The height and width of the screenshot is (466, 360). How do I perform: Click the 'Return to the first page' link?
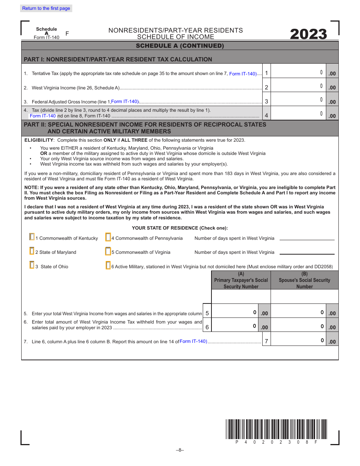coord(46,8)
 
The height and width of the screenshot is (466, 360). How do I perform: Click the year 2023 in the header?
coord(308,34)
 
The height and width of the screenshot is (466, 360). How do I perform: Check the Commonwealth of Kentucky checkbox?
coord(32,237)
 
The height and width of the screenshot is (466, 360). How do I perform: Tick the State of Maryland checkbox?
coord(32,251)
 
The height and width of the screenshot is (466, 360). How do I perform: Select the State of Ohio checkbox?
coord(32,265)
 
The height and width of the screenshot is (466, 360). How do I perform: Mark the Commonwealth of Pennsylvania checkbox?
coord(108,237)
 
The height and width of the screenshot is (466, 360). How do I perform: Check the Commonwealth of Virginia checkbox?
coord(108,251)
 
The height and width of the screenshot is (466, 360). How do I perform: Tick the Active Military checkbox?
coord(108,266)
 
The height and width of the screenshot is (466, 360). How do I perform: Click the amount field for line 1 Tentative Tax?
coord(299,72)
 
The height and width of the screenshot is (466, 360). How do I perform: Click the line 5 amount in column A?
coord(235,313)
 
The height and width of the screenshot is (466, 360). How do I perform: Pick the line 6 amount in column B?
coord(299,327)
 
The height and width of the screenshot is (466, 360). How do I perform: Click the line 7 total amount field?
coord(299,341)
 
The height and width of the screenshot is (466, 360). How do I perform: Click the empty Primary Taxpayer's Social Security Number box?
coord(241,297)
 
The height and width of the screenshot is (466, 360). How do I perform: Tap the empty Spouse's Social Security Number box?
coord(305,297)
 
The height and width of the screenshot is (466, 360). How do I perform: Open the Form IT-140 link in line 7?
coord(193,341)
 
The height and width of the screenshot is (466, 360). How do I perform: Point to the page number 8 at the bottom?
coord(180,450)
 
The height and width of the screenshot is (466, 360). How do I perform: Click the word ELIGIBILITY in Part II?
coord(39,140)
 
